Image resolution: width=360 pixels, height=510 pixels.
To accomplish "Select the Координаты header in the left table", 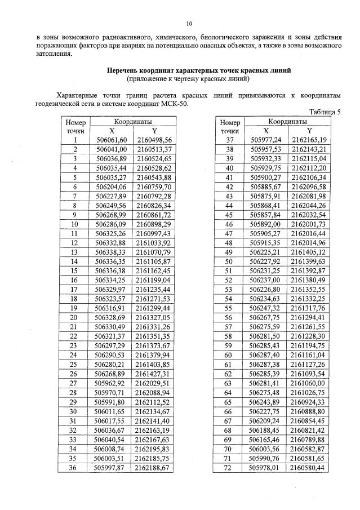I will pyautogui.click(x=133, y=121).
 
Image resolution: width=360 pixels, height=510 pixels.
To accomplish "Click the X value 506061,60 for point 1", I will pyautogui.click(x=112, y=140).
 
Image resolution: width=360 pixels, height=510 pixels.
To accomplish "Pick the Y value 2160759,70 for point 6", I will pyautogui.click(x=154, y=187).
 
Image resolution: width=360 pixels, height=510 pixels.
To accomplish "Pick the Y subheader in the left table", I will pyautogui.click(x=154, y=130).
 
